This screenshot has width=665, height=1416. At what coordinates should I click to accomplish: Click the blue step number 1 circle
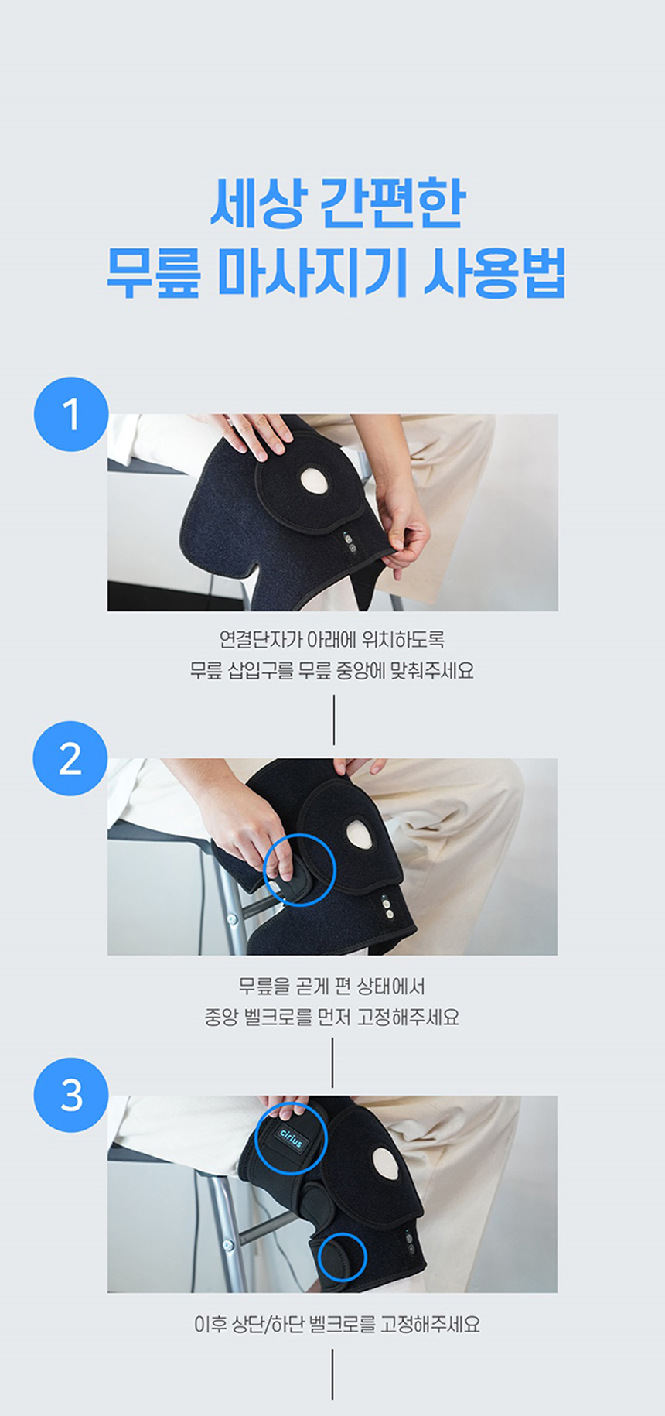[70, 414]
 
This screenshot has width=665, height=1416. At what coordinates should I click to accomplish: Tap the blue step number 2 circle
[70, 758]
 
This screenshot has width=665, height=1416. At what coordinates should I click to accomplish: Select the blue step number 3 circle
[70, 1095]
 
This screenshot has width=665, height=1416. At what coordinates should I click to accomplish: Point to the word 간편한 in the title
[392, 203]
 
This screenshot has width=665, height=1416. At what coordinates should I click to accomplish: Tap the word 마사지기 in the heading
[312, 272]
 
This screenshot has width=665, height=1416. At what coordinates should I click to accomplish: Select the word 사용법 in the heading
[495, 272]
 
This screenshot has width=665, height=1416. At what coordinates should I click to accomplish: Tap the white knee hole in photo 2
[360, 832]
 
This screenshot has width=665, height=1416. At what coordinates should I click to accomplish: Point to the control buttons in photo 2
[387, 907]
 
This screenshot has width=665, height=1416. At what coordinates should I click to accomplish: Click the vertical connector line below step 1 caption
[334, 720]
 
